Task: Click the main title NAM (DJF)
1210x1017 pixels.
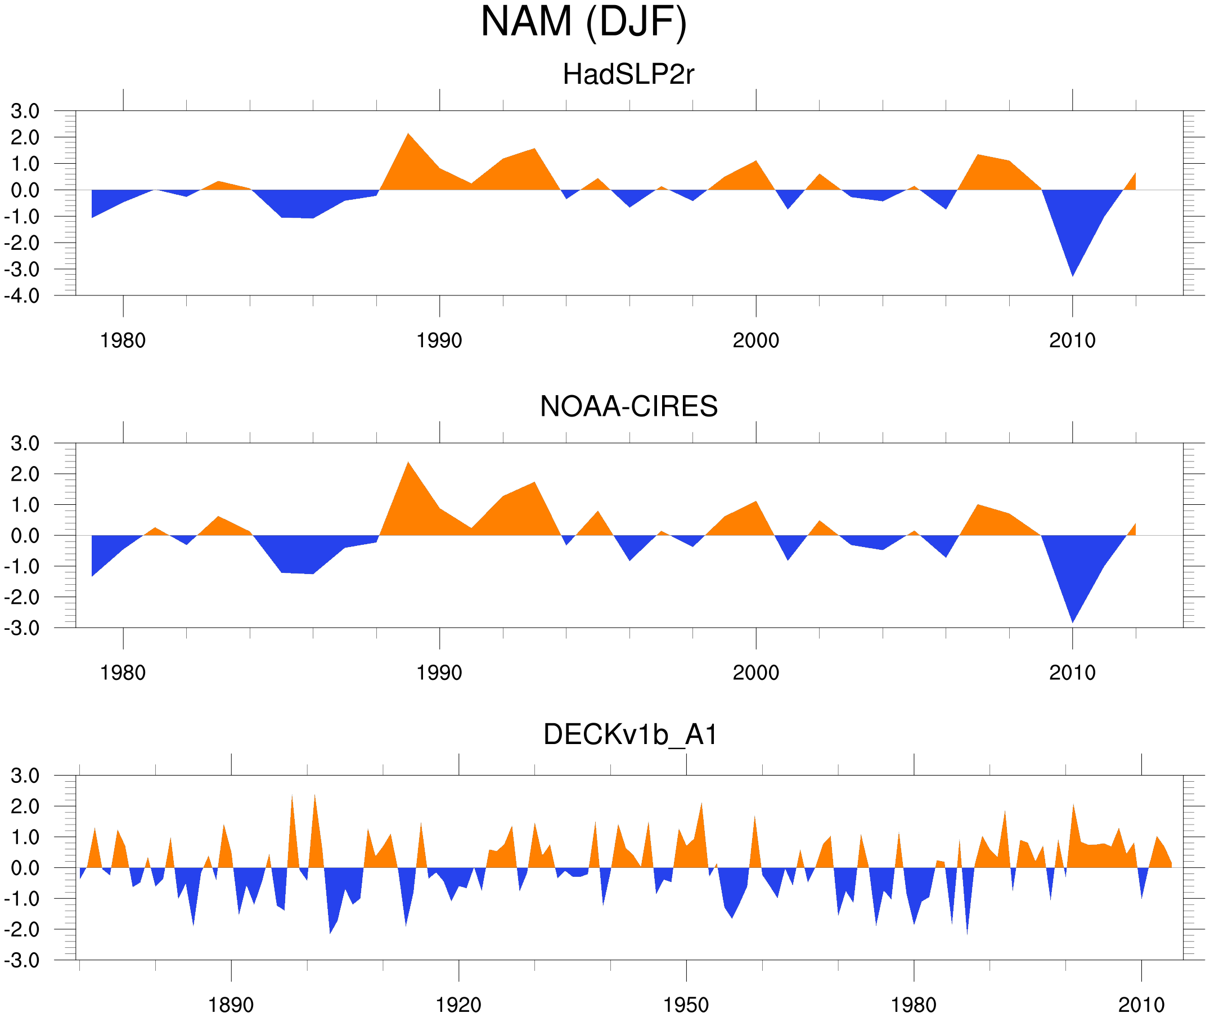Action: point(583,22)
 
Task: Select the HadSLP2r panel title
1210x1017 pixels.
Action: point(628,74)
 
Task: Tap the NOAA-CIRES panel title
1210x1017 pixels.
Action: point(628,406)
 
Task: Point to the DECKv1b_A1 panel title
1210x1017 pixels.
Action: point(631,735)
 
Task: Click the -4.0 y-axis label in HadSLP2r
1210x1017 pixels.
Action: point(22,297)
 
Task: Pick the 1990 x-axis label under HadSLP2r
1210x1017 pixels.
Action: point(439,341)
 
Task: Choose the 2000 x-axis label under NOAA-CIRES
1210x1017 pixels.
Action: point(755,673)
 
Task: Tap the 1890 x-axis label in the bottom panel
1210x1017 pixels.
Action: point(231,1005)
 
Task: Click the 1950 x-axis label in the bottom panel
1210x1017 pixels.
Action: point(686,1005)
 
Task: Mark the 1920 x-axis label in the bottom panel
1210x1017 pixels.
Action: point(458,1005)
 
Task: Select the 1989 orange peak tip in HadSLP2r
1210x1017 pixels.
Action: point(408,134)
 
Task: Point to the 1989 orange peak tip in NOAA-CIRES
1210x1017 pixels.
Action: point(408,463)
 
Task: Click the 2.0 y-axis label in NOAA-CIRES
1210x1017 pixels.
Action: point(25,475)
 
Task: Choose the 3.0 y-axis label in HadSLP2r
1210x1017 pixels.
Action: point(25,111)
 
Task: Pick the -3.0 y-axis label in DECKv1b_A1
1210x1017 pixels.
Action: point(22,961)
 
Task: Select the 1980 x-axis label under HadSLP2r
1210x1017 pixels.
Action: point(123,341)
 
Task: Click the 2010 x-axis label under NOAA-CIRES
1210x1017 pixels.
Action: point(1072,673)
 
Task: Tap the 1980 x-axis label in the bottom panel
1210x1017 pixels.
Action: point(913,1005)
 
